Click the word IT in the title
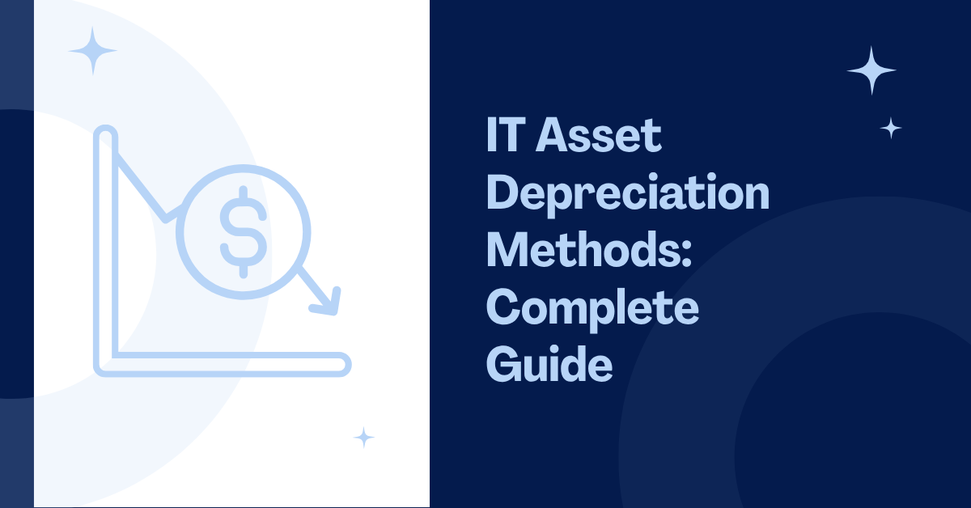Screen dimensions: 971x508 click(506, 134)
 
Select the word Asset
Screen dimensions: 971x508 click(599, 135)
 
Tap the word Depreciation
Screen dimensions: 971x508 click(628, 195)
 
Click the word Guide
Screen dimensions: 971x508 click(549, 363)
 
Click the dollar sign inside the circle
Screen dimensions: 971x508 click(244, 232)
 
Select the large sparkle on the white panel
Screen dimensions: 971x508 click(92, 51)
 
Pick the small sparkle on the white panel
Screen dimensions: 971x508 click(363, 438)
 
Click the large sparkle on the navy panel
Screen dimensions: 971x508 click(871, 70)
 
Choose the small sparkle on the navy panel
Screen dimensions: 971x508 click(891, 128)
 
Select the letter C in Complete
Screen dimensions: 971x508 click(503, 307)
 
